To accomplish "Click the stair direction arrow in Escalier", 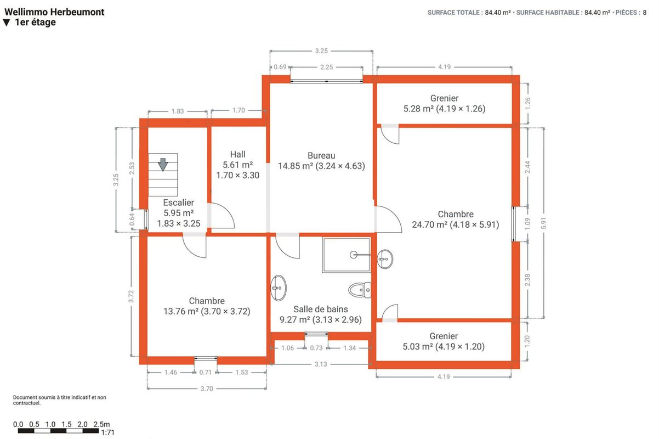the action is tap(163, 164).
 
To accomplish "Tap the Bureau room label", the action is tap(321, 155).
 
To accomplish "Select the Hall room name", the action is tap(238, 154).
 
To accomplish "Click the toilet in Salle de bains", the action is tap(360, 290).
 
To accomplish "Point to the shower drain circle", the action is tap(354, 255).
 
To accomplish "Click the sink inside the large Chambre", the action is tap(385, 259).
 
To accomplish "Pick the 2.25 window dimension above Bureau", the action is tap(327, 67).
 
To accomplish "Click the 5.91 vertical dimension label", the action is tap(544, 223).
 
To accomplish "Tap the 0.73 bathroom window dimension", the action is tap(316, 348).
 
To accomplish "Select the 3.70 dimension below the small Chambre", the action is tap(207, 389).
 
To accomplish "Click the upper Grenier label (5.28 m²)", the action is tap(444, 103).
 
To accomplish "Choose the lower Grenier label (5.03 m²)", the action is tap(444, 341).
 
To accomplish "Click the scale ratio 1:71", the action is tap(107, 432).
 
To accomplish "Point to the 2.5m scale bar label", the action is tap(101, 424).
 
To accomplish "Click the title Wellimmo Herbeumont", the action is tap(54, 12).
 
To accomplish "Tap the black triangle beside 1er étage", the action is tap(7, 23).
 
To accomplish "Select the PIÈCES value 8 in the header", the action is tap(645, 13).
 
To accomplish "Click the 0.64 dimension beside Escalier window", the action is tap(132, 219).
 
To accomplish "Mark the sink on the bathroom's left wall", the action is tap(278, 288).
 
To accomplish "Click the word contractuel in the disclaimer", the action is tap(26, 403).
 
